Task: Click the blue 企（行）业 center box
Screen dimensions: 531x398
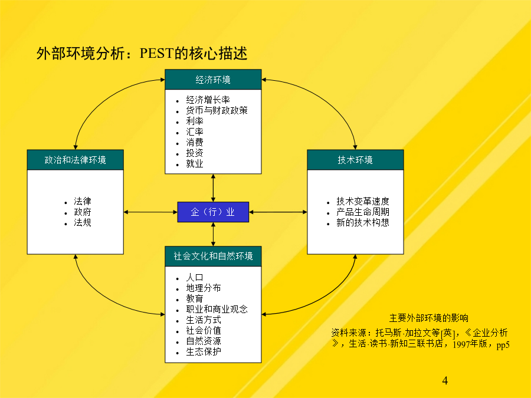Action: pyautogui.click(x=213, y=212)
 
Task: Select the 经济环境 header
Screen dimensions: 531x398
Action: pyautogui.click(x=213, y=80)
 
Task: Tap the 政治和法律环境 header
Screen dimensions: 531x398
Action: pyautogui.click(x=75, y=160)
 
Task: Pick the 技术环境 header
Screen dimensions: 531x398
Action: pyautogui.click(x=355, y=160)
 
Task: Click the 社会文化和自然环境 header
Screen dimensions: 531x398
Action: pyautogui.click(x=213, y=256)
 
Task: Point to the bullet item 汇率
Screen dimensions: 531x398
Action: pyautogui.click(x=194, y=131)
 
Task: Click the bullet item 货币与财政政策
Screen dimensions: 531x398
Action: pyautogui.click(x=217, y=110)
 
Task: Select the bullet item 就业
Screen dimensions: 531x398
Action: pyautogui.click(x=194, y=164)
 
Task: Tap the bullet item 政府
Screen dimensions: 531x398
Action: pyautogui.click(x=83, y=212)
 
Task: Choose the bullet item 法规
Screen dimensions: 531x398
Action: pyautogui.click(x=83, y=223)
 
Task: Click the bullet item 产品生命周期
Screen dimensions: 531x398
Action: pyautogui.click(x=363, y=212)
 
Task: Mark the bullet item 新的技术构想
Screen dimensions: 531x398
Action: pyautogui.click(x=363, y=223)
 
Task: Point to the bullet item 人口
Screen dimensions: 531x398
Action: pyautogui.click(x=194, y=278)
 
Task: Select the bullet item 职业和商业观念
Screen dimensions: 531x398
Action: pyautogui.click(x=217, y=310)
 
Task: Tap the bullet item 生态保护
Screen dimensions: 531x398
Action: pyautogui.click(x=204, y=352)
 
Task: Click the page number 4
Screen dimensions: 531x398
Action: pyautogui.click(x=445, y=381)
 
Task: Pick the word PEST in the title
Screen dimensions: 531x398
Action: pyautogui.click(x=157, y=54)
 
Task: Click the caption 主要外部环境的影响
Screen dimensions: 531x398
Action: pyautogui.click(x=429, y=318)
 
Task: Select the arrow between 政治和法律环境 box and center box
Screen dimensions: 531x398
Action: pyautogui.click(x=150, y=212)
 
